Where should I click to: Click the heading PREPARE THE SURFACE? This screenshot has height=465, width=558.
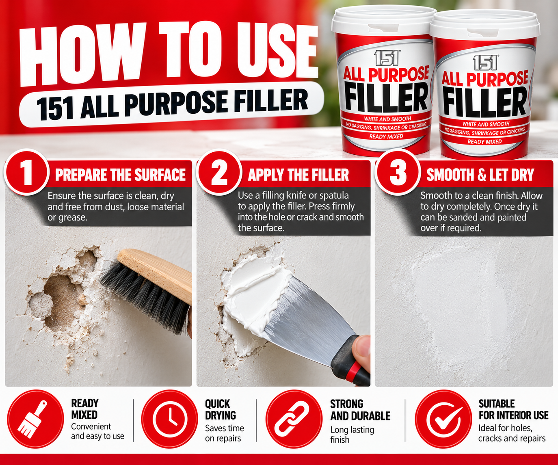[x=120, y=175]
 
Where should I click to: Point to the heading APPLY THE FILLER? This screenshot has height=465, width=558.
[x=298, y=175]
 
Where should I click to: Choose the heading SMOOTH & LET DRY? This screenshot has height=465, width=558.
[x=480, y=175]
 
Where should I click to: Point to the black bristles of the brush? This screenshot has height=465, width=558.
[x=144, y=296]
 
